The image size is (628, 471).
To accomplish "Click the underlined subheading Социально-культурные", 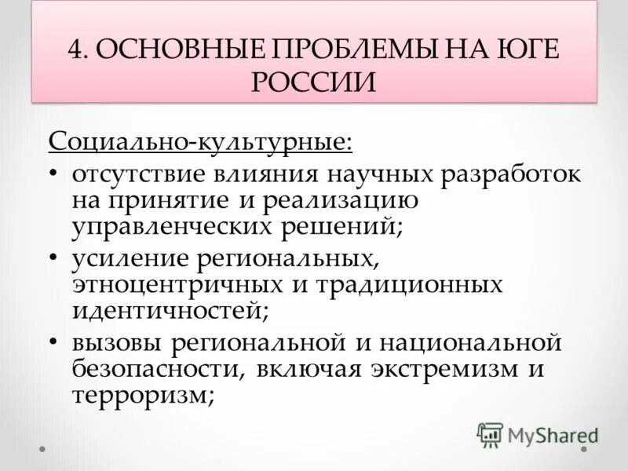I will click(200, 143).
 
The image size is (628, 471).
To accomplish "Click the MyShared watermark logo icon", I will click(490, 434).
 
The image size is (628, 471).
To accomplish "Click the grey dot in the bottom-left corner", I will click(44, 450).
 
